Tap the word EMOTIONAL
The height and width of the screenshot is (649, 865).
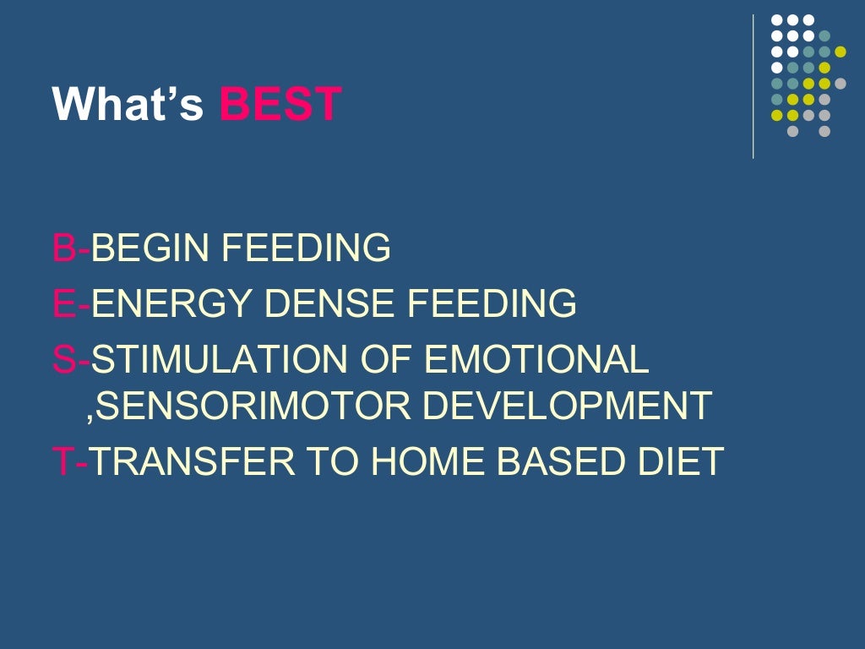536,359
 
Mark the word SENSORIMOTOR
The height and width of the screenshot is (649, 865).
254,406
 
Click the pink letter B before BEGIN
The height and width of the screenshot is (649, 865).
63,248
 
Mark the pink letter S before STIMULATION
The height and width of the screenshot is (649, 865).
63,359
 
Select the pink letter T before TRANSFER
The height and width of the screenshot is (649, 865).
63,461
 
